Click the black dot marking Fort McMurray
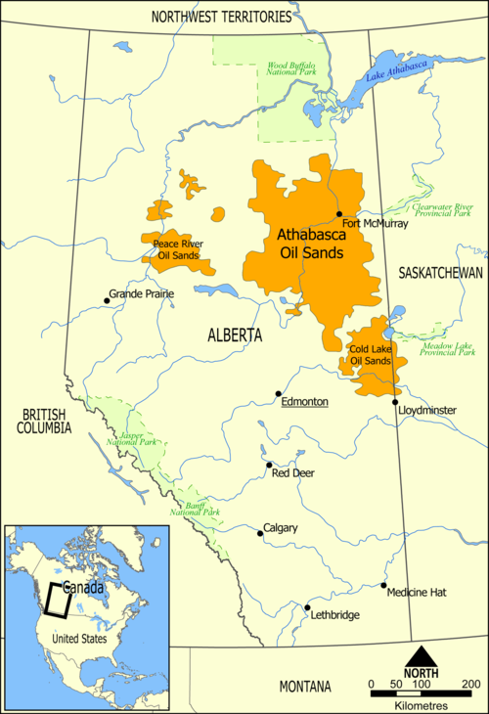point(338,214)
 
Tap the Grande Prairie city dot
point(107,300)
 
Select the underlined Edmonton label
point(303,402)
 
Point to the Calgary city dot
point(259,534)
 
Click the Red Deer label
point(292,473)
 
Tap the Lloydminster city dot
point(395,402)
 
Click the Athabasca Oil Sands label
point(311,244)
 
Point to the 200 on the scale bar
point(472,683)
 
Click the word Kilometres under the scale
point(422,705)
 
